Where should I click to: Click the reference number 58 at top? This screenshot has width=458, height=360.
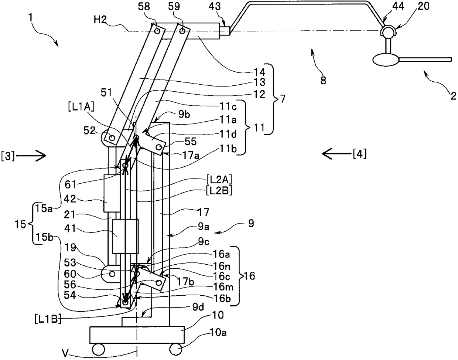144,6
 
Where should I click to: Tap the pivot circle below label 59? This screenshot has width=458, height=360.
182,31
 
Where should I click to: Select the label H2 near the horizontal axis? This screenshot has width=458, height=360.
100,20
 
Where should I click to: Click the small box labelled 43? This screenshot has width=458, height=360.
225,31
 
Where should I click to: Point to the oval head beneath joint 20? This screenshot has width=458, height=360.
386,60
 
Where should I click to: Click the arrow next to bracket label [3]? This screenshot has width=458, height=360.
31,156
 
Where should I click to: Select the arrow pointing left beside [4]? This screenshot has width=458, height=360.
337,154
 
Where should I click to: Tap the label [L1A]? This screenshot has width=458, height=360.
81,106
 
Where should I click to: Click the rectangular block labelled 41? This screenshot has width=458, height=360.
125,236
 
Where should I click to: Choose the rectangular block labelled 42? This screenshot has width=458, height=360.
112,193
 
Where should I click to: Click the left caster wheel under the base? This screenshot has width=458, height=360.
98,349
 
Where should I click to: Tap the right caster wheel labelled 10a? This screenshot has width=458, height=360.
176,349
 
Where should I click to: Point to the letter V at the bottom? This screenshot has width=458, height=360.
66,353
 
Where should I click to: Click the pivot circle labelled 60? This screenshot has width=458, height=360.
112,274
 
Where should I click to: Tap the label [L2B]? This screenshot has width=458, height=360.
219,191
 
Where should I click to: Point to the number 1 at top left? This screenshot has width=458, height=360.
31,17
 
